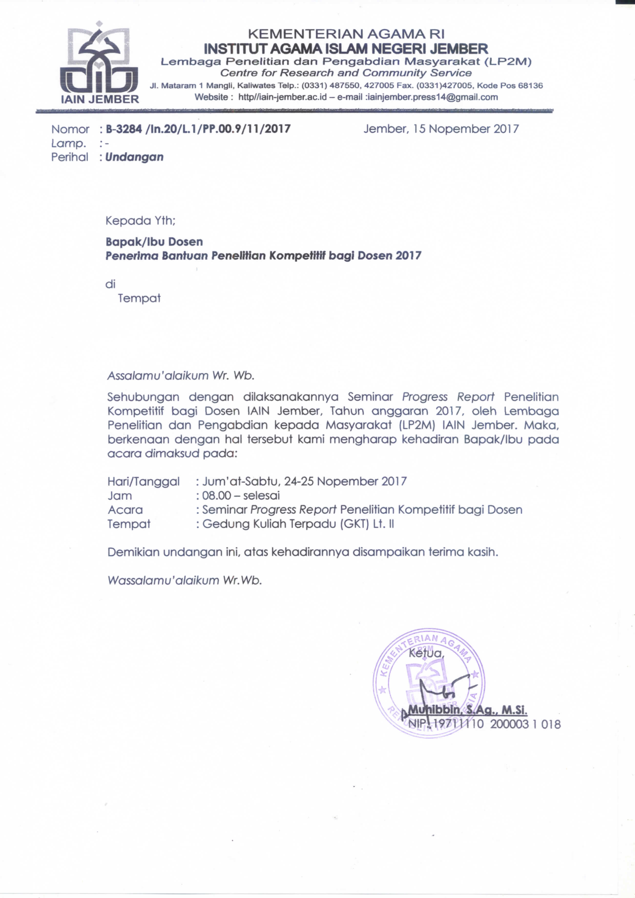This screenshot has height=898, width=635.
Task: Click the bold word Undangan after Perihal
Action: pos(134,157)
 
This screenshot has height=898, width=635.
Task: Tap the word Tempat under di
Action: pos(139,298)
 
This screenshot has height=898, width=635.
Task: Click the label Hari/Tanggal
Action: pos(144,482)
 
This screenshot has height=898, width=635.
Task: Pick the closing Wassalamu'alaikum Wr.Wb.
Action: pos(184,580)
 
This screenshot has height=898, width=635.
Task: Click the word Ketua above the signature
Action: pos(426,653)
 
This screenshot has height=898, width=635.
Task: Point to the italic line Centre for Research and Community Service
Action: pos(346,73)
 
